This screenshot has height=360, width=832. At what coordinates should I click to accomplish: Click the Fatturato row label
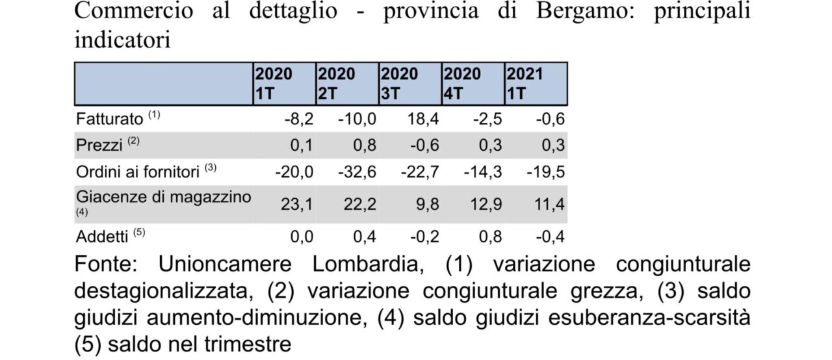(109, 120)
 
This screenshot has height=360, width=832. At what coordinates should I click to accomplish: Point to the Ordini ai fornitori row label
(138, 172)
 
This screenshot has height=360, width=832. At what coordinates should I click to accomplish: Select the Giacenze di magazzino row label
(163, 197)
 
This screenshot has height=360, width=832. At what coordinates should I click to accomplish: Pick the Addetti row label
(102, 235)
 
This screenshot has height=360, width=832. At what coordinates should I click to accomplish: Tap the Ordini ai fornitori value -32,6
(357, 172)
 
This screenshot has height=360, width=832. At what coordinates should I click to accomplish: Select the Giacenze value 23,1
(297, 204)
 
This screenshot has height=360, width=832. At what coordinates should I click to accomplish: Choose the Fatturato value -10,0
(357, 120)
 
